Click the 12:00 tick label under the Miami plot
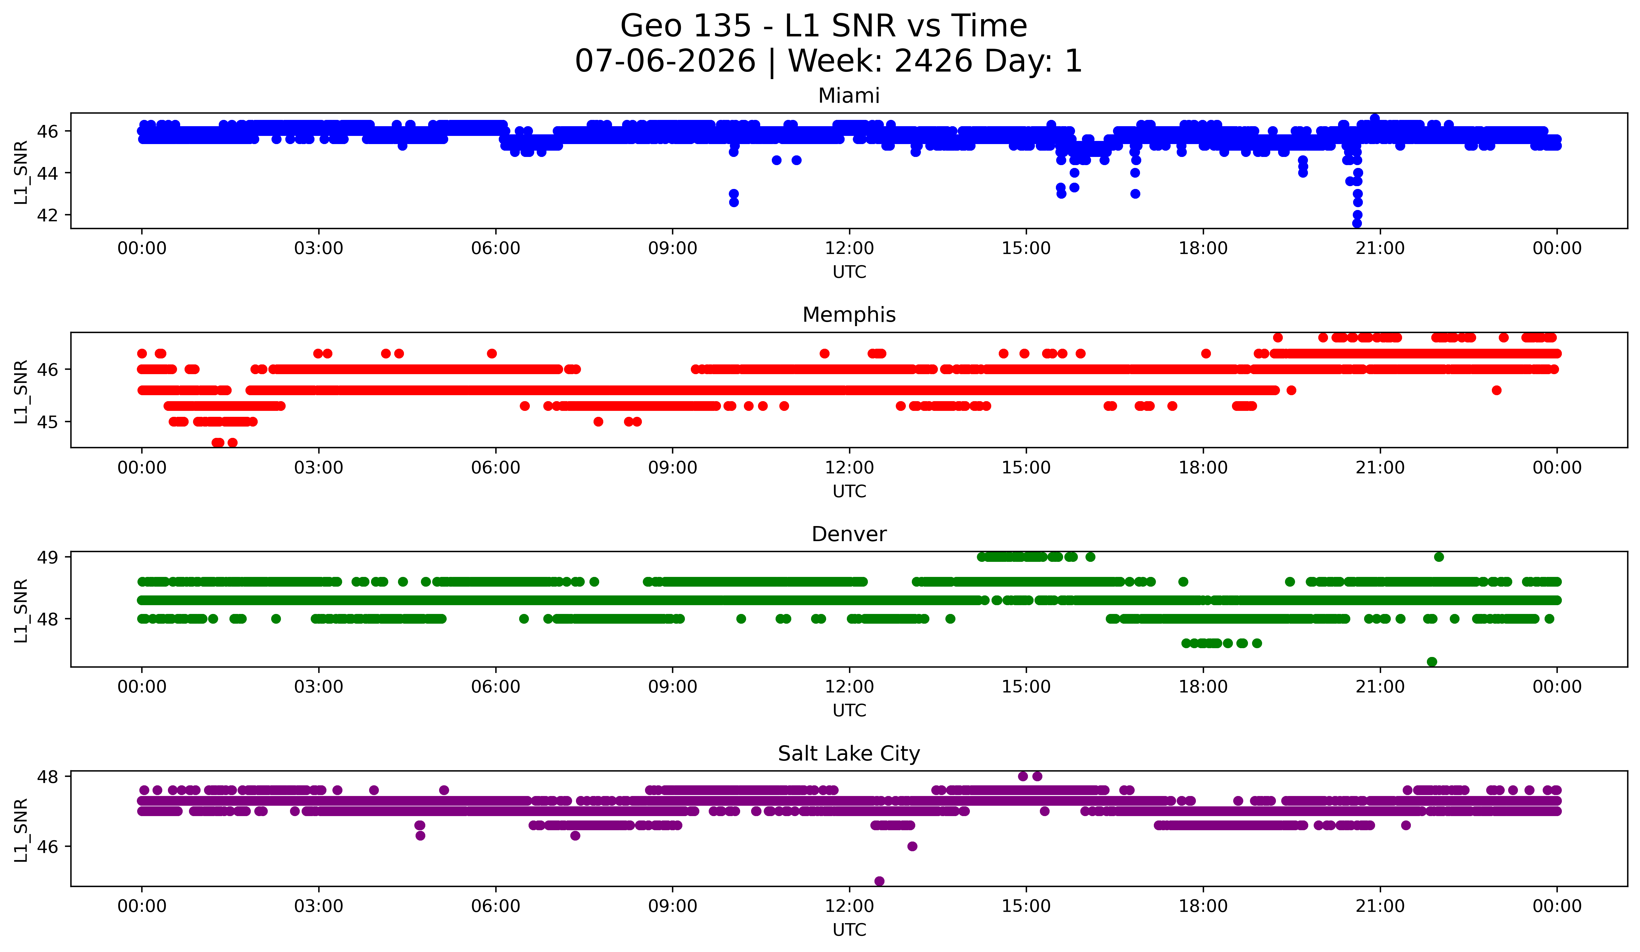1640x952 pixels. [849, 249]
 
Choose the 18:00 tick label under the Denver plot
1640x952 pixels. [1203, 687]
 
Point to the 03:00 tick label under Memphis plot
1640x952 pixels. [319, 468]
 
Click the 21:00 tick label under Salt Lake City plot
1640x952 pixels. [1380, 906]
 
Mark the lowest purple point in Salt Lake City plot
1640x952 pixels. [879, 881]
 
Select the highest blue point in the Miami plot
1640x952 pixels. [1374, 118]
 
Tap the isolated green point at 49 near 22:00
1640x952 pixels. [1439, 557]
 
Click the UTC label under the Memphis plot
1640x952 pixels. [849, 491]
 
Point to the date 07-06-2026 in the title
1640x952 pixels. [665, 61]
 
